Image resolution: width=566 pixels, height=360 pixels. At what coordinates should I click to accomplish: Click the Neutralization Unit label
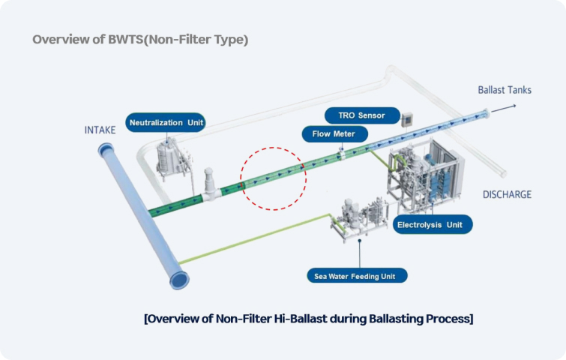[x=166, y=122]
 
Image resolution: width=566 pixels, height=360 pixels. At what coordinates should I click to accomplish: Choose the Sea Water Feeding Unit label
[x=357, y=274]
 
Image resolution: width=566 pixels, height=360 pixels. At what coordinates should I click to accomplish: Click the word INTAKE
[x=100, y=130]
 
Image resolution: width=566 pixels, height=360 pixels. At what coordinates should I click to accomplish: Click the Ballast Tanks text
[x=505, y=90]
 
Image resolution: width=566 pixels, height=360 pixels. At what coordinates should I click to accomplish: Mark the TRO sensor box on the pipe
[x=409, y=119]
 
